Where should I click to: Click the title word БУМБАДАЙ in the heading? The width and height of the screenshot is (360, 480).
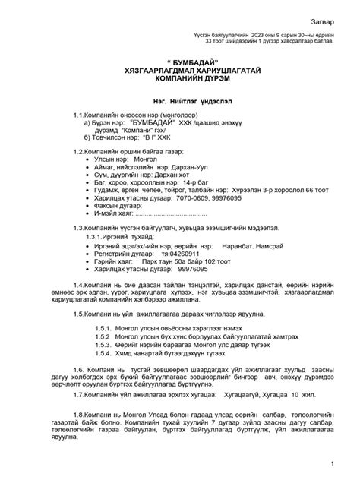(180, 61)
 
